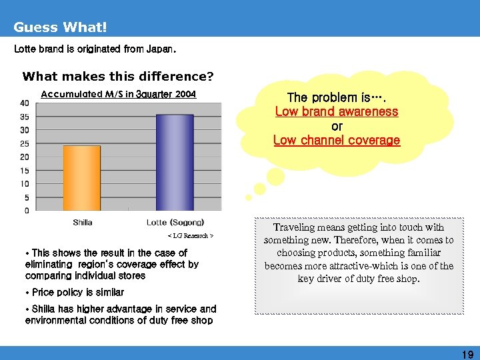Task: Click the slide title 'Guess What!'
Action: (60, 27)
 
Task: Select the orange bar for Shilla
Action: (81, 178)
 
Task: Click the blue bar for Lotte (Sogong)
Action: (175, 163)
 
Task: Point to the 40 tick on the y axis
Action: (25, 103)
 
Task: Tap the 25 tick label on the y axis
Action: (25, 143)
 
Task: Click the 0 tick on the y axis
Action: (27, 211)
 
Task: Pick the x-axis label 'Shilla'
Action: (82, 222)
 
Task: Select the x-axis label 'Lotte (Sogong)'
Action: (175, 222)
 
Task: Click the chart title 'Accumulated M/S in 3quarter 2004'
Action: (119, 94)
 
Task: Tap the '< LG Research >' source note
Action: (190, 236)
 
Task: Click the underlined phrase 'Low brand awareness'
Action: (337, 111)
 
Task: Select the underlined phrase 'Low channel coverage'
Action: (337, 140)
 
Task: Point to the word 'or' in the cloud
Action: (337, 126)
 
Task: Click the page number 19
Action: (467, 354)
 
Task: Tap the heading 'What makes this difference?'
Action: (118, 76)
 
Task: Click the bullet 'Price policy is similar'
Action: (75, 292)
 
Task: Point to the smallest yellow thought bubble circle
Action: (249, 197)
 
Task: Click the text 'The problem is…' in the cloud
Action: (337, 97)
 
